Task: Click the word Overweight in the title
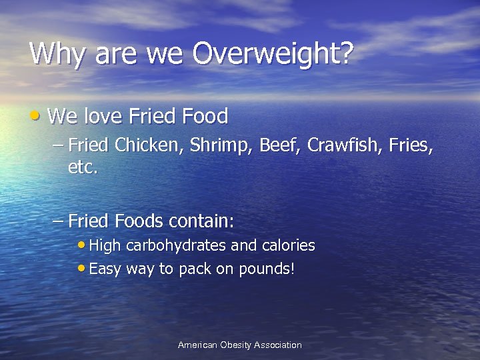click(x=271, y=54)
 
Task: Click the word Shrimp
click(x=212, y=145)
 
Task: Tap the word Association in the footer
click(x=280, y=345)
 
